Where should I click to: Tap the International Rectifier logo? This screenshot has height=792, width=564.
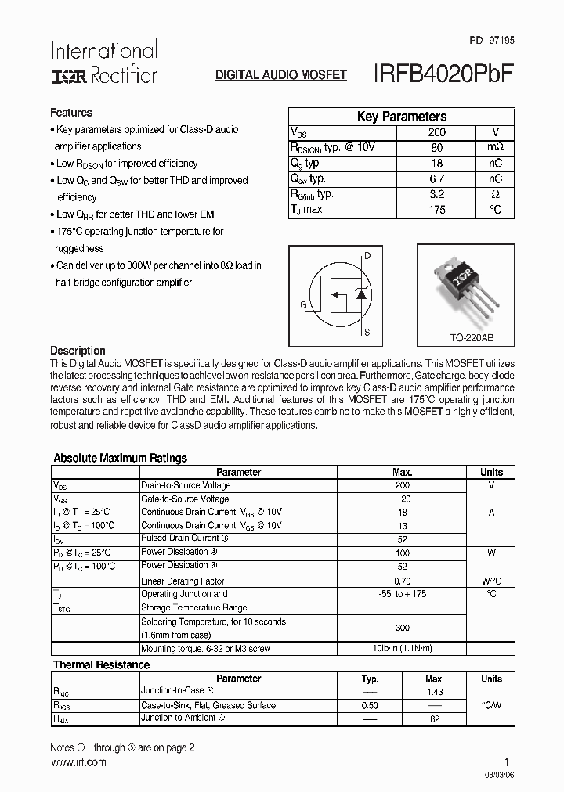point(103,63)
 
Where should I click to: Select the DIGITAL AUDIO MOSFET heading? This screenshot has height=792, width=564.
point(280,75)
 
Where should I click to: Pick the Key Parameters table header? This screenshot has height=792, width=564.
point(401,117)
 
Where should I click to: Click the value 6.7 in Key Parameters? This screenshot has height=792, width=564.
point(436,178)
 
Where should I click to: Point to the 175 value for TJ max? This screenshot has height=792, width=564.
point(436,210)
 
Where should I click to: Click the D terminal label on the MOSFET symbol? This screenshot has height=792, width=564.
point(368,256)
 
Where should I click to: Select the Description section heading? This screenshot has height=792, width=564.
point(78,351)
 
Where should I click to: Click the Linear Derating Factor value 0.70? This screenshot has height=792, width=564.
point(402,581)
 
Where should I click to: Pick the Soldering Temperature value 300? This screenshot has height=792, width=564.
point(402,628)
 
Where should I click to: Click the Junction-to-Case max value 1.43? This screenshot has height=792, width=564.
point(435,692)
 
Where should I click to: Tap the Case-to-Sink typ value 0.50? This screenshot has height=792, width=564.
point(370,705)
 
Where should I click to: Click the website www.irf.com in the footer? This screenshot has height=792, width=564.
point(78,762)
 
